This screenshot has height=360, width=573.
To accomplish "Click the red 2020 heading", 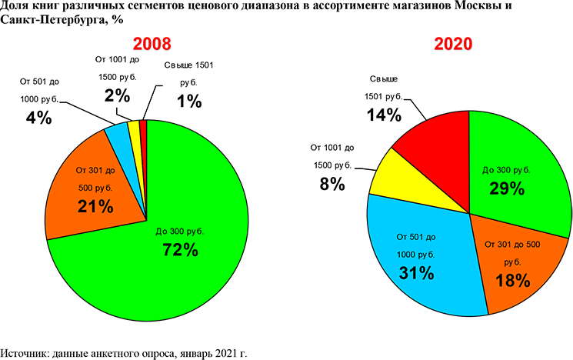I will pos(453,44).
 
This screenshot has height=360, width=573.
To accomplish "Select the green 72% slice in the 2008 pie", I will pos(192,254).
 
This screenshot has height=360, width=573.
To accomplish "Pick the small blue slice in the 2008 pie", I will pos(119,135).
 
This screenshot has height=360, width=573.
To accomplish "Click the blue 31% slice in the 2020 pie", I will pos(419,254).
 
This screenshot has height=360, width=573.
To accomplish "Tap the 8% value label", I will pos(331,185).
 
